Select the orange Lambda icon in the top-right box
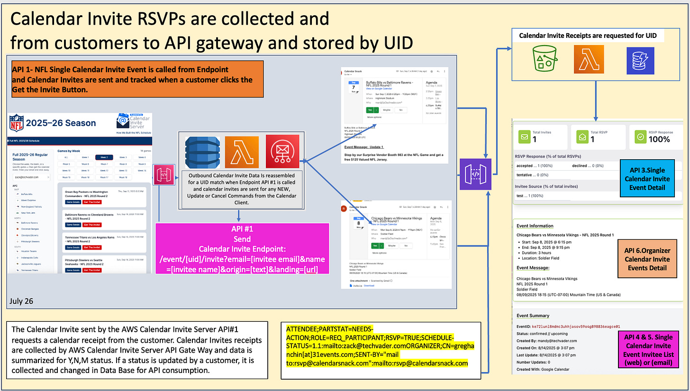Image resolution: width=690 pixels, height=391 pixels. tap(589, 60)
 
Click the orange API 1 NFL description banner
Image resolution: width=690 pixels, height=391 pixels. tap(137, 79)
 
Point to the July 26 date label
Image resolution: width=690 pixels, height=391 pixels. tap(21, 301)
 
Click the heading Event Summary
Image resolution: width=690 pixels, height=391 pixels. tap(533, 316)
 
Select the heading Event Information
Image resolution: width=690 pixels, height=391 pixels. tap(535, 226)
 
